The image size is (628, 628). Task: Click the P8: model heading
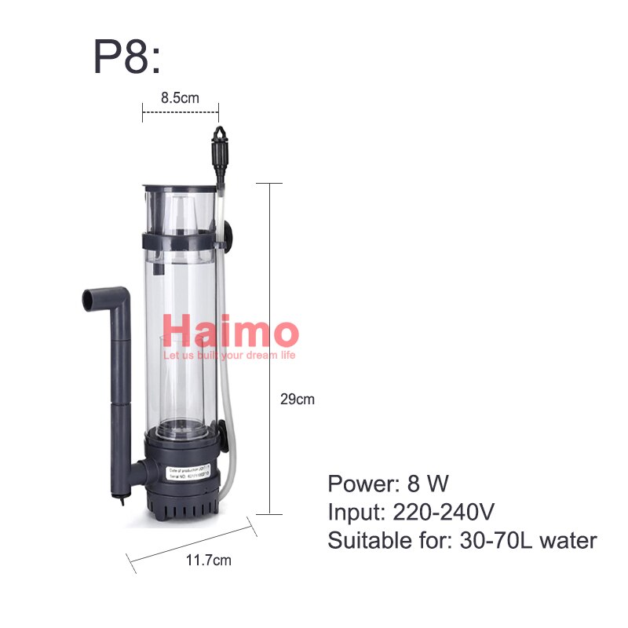(x=126, y=57)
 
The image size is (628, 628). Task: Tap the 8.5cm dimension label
(x=181, y=98)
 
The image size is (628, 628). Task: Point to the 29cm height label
(x=298, y=398)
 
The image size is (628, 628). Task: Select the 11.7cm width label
(x=208, y=560)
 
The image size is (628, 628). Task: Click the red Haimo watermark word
(x=230, y=332)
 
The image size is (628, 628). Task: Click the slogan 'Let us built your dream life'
(x=228, y=356)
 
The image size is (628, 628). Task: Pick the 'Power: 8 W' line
(x=388, y=484)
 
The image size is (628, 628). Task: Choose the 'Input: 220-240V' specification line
(x=411, y=512)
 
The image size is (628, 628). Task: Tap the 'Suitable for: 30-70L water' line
(x=462, y=540)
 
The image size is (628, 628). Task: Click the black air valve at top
(x=219, y=146)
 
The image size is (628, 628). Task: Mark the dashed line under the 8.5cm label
(x=181, y=113)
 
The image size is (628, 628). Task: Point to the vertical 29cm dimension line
(x=270, y=345)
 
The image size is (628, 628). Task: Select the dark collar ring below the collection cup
(x=181, y=239)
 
